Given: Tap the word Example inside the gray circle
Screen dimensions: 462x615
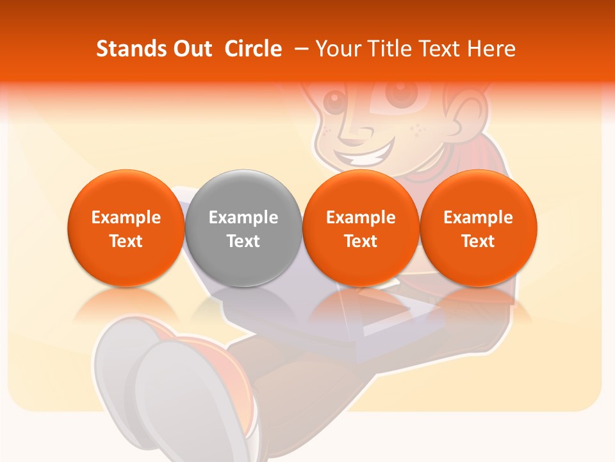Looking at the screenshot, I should click(x=243, y=218).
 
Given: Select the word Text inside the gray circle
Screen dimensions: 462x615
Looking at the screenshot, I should click(x=243, y=241).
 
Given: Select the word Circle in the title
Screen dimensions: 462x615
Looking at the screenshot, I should click(x=253, y=49).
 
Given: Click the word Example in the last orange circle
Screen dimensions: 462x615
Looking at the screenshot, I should click(x=479, y=218).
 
